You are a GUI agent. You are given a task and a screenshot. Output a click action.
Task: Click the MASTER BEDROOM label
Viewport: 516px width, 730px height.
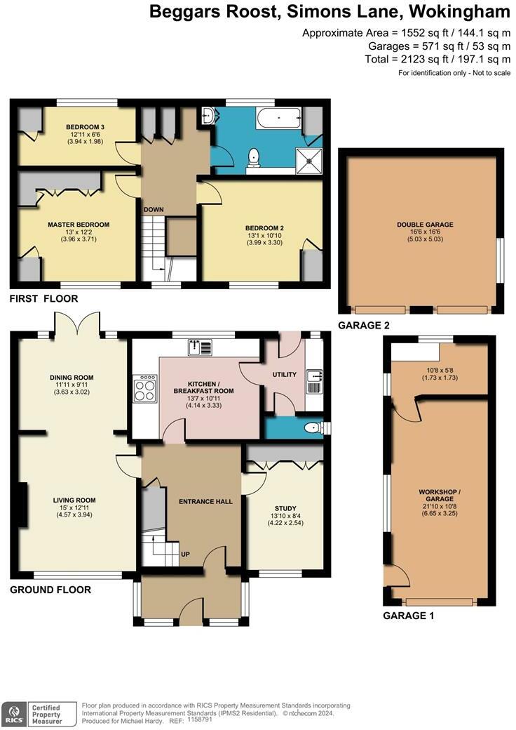pos(79,225)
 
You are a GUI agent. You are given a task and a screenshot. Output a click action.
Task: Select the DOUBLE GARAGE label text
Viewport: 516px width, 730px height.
pos(425,225)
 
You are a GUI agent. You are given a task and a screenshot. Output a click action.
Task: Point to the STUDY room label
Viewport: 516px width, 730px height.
pos(285,508)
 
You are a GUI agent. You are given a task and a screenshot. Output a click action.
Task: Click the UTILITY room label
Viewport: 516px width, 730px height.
pos(284,374)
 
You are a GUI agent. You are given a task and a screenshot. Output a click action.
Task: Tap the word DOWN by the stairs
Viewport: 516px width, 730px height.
pos(154,209)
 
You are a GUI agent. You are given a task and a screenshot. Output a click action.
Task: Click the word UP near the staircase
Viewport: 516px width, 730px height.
pos(185,554)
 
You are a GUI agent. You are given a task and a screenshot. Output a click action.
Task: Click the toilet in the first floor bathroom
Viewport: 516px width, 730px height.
pos(254,157)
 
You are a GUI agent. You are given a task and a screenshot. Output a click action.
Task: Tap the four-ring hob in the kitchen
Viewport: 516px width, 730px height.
pos(144,387)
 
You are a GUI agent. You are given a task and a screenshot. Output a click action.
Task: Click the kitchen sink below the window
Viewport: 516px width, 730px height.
pos(200,346)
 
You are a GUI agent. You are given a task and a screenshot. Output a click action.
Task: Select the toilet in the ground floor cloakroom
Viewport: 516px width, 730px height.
pos(315,427)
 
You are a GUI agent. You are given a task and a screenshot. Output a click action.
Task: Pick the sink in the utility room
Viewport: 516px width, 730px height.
pos(315,381)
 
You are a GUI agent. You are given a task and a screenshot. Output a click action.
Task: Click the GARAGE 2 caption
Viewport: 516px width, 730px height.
pos(364,326)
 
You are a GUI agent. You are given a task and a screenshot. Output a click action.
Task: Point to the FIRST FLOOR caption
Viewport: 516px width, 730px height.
pos(43,298)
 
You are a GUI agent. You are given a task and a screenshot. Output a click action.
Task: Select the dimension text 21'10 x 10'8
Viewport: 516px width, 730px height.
pos(440,506)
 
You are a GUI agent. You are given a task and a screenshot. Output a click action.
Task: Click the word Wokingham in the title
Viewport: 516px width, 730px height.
pos(460,12)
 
